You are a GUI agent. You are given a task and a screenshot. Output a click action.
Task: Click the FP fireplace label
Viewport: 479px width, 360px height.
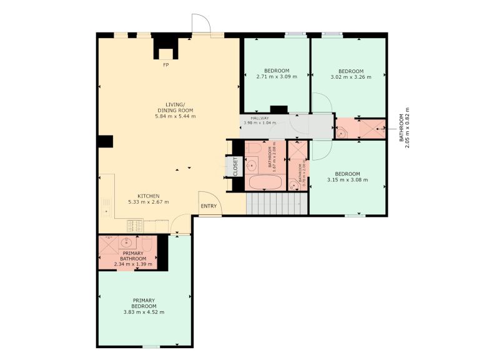165,65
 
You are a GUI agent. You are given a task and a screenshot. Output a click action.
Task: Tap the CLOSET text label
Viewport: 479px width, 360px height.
235,166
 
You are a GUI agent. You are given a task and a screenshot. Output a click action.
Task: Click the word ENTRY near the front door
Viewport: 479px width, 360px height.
208,207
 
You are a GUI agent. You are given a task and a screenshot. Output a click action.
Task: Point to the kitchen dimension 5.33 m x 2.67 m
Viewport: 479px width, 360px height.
148,202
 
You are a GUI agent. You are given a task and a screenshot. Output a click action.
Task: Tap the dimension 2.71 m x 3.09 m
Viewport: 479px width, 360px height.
276,77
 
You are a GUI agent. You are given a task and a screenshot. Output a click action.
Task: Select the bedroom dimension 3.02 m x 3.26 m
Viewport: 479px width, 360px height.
350,77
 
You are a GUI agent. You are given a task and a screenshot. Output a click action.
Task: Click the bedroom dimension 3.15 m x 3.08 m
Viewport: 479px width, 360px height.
347,180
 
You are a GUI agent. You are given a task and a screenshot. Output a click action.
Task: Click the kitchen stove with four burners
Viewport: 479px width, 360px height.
136,225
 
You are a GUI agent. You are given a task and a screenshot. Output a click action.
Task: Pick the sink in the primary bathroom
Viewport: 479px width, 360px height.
127,243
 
